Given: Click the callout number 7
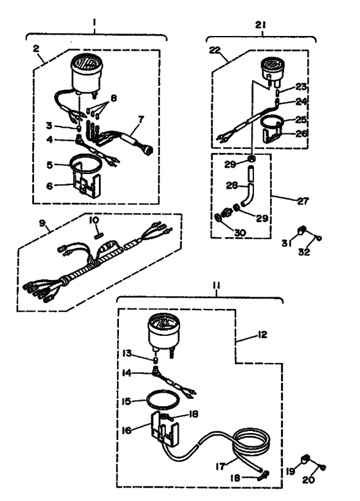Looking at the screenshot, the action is click(x=141, y=120).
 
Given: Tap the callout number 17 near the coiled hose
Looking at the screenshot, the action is click(x=220, y=466).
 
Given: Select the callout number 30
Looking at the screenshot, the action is click(x=240, y=233).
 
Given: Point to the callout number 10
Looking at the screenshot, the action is click(x=94, y=220).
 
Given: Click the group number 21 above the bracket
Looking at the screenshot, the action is click(x=260, y=25).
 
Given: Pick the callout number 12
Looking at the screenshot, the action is click(x=262, y=335).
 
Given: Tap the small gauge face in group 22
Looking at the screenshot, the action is click(x=271, y=64).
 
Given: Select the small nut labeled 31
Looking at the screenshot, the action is click(x=301, y=230).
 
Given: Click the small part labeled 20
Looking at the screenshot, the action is click(x=323, y=468).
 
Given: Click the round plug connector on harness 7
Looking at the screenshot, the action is click(x=148, y=150).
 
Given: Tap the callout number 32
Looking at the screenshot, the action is click(x=304, y=252).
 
